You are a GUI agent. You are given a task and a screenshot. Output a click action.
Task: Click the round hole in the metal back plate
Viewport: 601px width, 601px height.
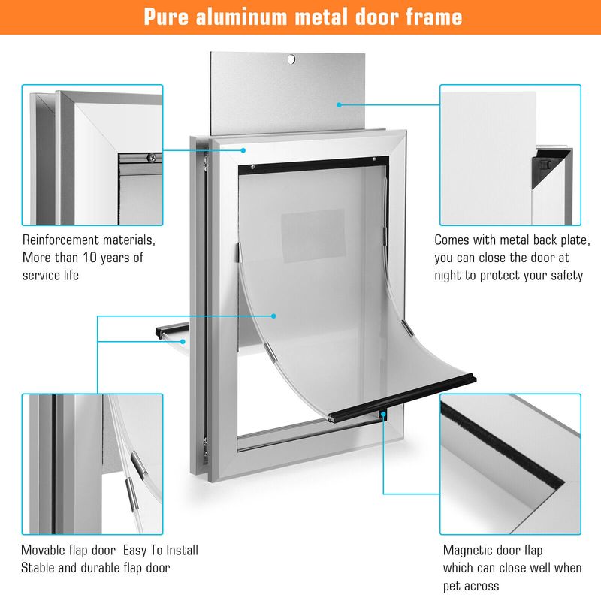tap(291, 59)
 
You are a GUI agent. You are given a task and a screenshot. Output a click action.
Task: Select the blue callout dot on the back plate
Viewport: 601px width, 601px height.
tap(339, 104)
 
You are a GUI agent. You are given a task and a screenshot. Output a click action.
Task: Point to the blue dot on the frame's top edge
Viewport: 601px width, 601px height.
tap(243, 150)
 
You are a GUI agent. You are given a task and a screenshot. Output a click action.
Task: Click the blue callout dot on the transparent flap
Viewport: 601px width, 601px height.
tap(273, 316)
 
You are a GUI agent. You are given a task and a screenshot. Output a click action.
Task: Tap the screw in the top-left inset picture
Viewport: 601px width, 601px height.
tap(153, 157)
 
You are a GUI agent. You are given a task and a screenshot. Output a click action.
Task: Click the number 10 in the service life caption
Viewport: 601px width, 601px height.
tap(89, 258)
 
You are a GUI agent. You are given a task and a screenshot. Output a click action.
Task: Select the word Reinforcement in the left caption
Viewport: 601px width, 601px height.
tap(61, 240)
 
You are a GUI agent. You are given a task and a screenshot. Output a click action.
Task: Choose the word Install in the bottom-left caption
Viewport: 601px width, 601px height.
tap(181, 551)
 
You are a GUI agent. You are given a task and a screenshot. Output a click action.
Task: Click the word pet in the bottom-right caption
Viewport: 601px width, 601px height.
tap(452, 587)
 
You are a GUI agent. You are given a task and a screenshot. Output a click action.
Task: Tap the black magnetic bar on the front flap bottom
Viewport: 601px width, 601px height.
tap(403, 398)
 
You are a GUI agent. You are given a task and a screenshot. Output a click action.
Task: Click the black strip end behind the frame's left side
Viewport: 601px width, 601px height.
tap(172, 330)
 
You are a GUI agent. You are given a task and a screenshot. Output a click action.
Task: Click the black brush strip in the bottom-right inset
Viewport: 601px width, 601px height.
tap(502, 445)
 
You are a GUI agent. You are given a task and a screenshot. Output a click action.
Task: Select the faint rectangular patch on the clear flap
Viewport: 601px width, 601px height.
tap(313, 236)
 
